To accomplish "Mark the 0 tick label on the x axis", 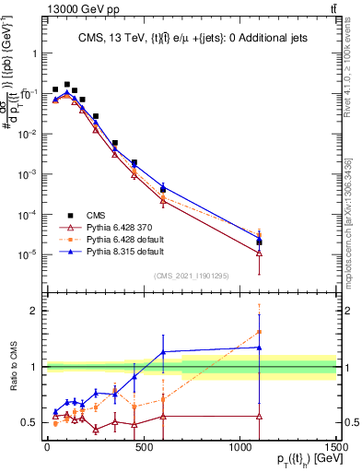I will coord(47,447).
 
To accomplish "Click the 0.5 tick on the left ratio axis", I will coord(27,422).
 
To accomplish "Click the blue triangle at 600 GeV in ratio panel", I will coord(163,351).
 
